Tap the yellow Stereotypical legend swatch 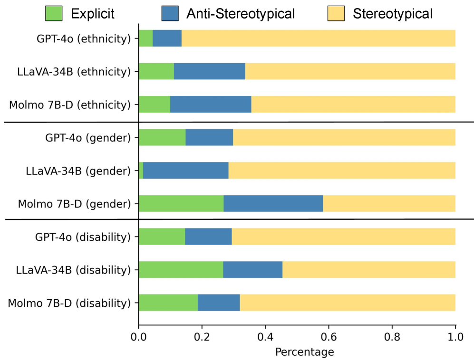click(336, 13)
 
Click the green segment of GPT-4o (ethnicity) click(145, 38)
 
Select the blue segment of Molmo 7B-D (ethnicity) click(211, 104)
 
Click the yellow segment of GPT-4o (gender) click(344, 137)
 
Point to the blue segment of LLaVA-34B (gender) click(185, 170)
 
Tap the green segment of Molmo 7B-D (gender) click(181, 203)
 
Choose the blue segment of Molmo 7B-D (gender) click(273, 203)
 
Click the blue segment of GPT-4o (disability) click(208, 236)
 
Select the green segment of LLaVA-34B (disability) click(181, 269)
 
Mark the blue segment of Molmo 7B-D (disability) click(219, 302)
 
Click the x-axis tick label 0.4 click(265, 337)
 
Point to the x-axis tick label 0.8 click(392, 337)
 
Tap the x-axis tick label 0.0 click(138, 337)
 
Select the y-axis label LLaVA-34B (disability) click(73, 270)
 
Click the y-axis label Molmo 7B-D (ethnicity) click(69, 104)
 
